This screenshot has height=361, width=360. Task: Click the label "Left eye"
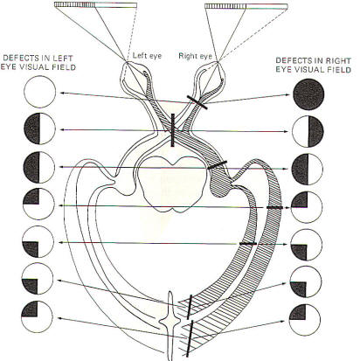(147, 55)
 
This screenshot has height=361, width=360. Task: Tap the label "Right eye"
(195, 56)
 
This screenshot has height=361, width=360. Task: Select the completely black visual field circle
(308, 94)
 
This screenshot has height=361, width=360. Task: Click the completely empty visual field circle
(39, 92)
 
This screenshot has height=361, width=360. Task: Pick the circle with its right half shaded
(308, 131)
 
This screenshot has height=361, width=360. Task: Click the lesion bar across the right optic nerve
(197, 102)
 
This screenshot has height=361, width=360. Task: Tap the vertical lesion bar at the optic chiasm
(173, 130)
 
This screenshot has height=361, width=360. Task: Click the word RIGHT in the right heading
(339, 60)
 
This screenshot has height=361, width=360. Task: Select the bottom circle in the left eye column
(37, 316)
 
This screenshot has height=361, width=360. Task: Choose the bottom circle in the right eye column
(305, 320)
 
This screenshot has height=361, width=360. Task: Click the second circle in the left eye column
(39, 128)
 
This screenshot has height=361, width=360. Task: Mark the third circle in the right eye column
(308, 170)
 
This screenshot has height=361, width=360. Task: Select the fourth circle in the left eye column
(38, 204)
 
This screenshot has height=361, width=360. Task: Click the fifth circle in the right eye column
(307, 245)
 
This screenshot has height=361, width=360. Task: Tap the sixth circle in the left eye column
(38, 279)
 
